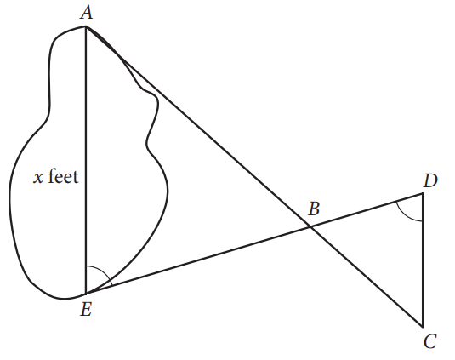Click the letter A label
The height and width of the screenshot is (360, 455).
(x=87, y=13)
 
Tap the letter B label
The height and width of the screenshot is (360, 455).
(x=314, y=209)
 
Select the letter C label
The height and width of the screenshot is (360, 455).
(x=429, y=341)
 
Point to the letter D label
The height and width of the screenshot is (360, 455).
(x=430, y=181)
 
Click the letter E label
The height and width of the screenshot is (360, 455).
(x=86, y=309)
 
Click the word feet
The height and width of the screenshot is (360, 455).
(x=63, y=176)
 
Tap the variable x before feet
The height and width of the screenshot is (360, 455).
(x=38, y=178)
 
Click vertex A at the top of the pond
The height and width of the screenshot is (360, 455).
(x=86, y=26)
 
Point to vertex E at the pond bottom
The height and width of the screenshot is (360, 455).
(x=86, y=294)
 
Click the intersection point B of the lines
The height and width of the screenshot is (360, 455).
(x=310, y=226)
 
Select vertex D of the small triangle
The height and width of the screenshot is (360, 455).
(x=423, y=194)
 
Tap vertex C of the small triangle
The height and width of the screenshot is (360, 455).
(x=423, y=327)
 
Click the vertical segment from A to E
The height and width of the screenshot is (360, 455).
(x=86, y=160)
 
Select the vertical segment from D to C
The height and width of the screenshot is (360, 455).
(x=423, y=260)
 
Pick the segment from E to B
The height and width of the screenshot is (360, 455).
(x=198, y=260)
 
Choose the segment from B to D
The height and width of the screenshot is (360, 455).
(x=367, y=210)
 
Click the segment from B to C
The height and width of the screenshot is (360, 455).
(x=367, y=277)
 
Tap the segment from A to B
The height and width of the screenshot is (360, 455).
(x=198, y=126)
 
